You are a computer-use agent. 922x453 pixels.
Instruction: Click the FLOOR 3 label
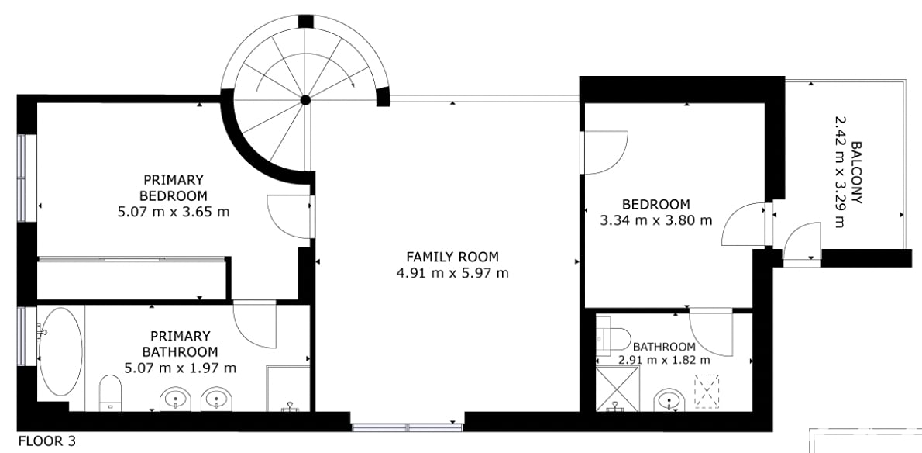[47, 441]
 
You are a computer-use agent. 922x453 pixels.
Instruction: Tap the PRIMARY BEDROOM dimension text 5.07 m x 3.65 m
[174, 212]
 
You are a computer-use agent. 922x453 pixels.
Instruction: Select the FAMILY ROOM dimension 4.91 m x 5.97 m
[452, 273]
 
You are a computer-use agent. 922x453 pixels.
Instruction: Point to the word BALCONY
[856, 172]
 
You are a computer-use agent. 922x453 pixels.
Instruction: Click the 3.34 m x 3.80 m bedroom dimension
[656, 220]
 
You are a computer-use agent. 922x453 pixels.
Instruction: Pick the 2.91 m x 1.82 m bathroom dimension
[664, 360]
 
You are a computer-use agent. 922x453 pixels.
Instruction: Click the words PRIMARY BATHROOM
[180, 344]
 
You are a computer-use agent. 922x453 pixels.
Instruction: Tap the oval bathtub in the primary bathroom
[60, 352]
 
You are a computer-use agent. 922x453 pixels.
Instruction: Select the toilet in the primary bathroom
[110, 392]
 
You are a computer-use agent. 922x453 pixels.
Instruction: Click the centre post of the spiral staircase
[305, 100]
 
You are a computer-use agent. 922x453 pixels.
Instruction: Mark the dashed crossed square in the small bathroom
[707, 391]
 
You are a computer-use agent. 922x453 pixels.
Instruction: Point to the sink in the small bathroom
[669, 400]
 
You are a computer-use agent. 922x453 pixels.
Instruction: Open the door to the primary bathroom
[255, 325]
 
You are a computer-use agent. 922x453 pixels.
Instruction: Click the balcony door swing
[802, 242]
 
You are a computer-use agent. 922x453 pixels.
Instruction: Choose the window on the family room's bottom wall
[407, 427]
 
